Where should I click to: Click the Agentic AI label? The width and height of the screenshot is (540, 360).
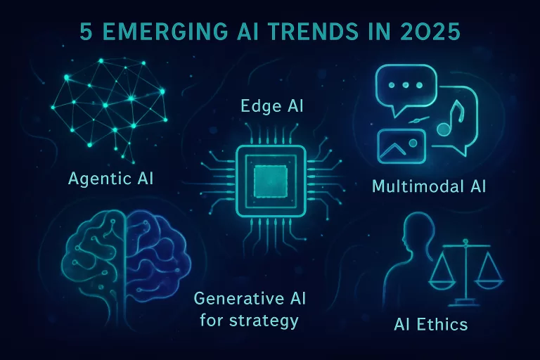pos(111,179)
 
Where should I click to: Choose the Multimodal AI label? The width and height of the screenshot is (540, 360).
pos(429,187)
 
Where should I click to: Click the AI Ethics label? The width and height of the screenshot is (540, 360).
pos(431,325)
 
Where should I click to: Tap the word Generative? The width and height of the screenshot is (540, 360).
pos(236,298)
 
